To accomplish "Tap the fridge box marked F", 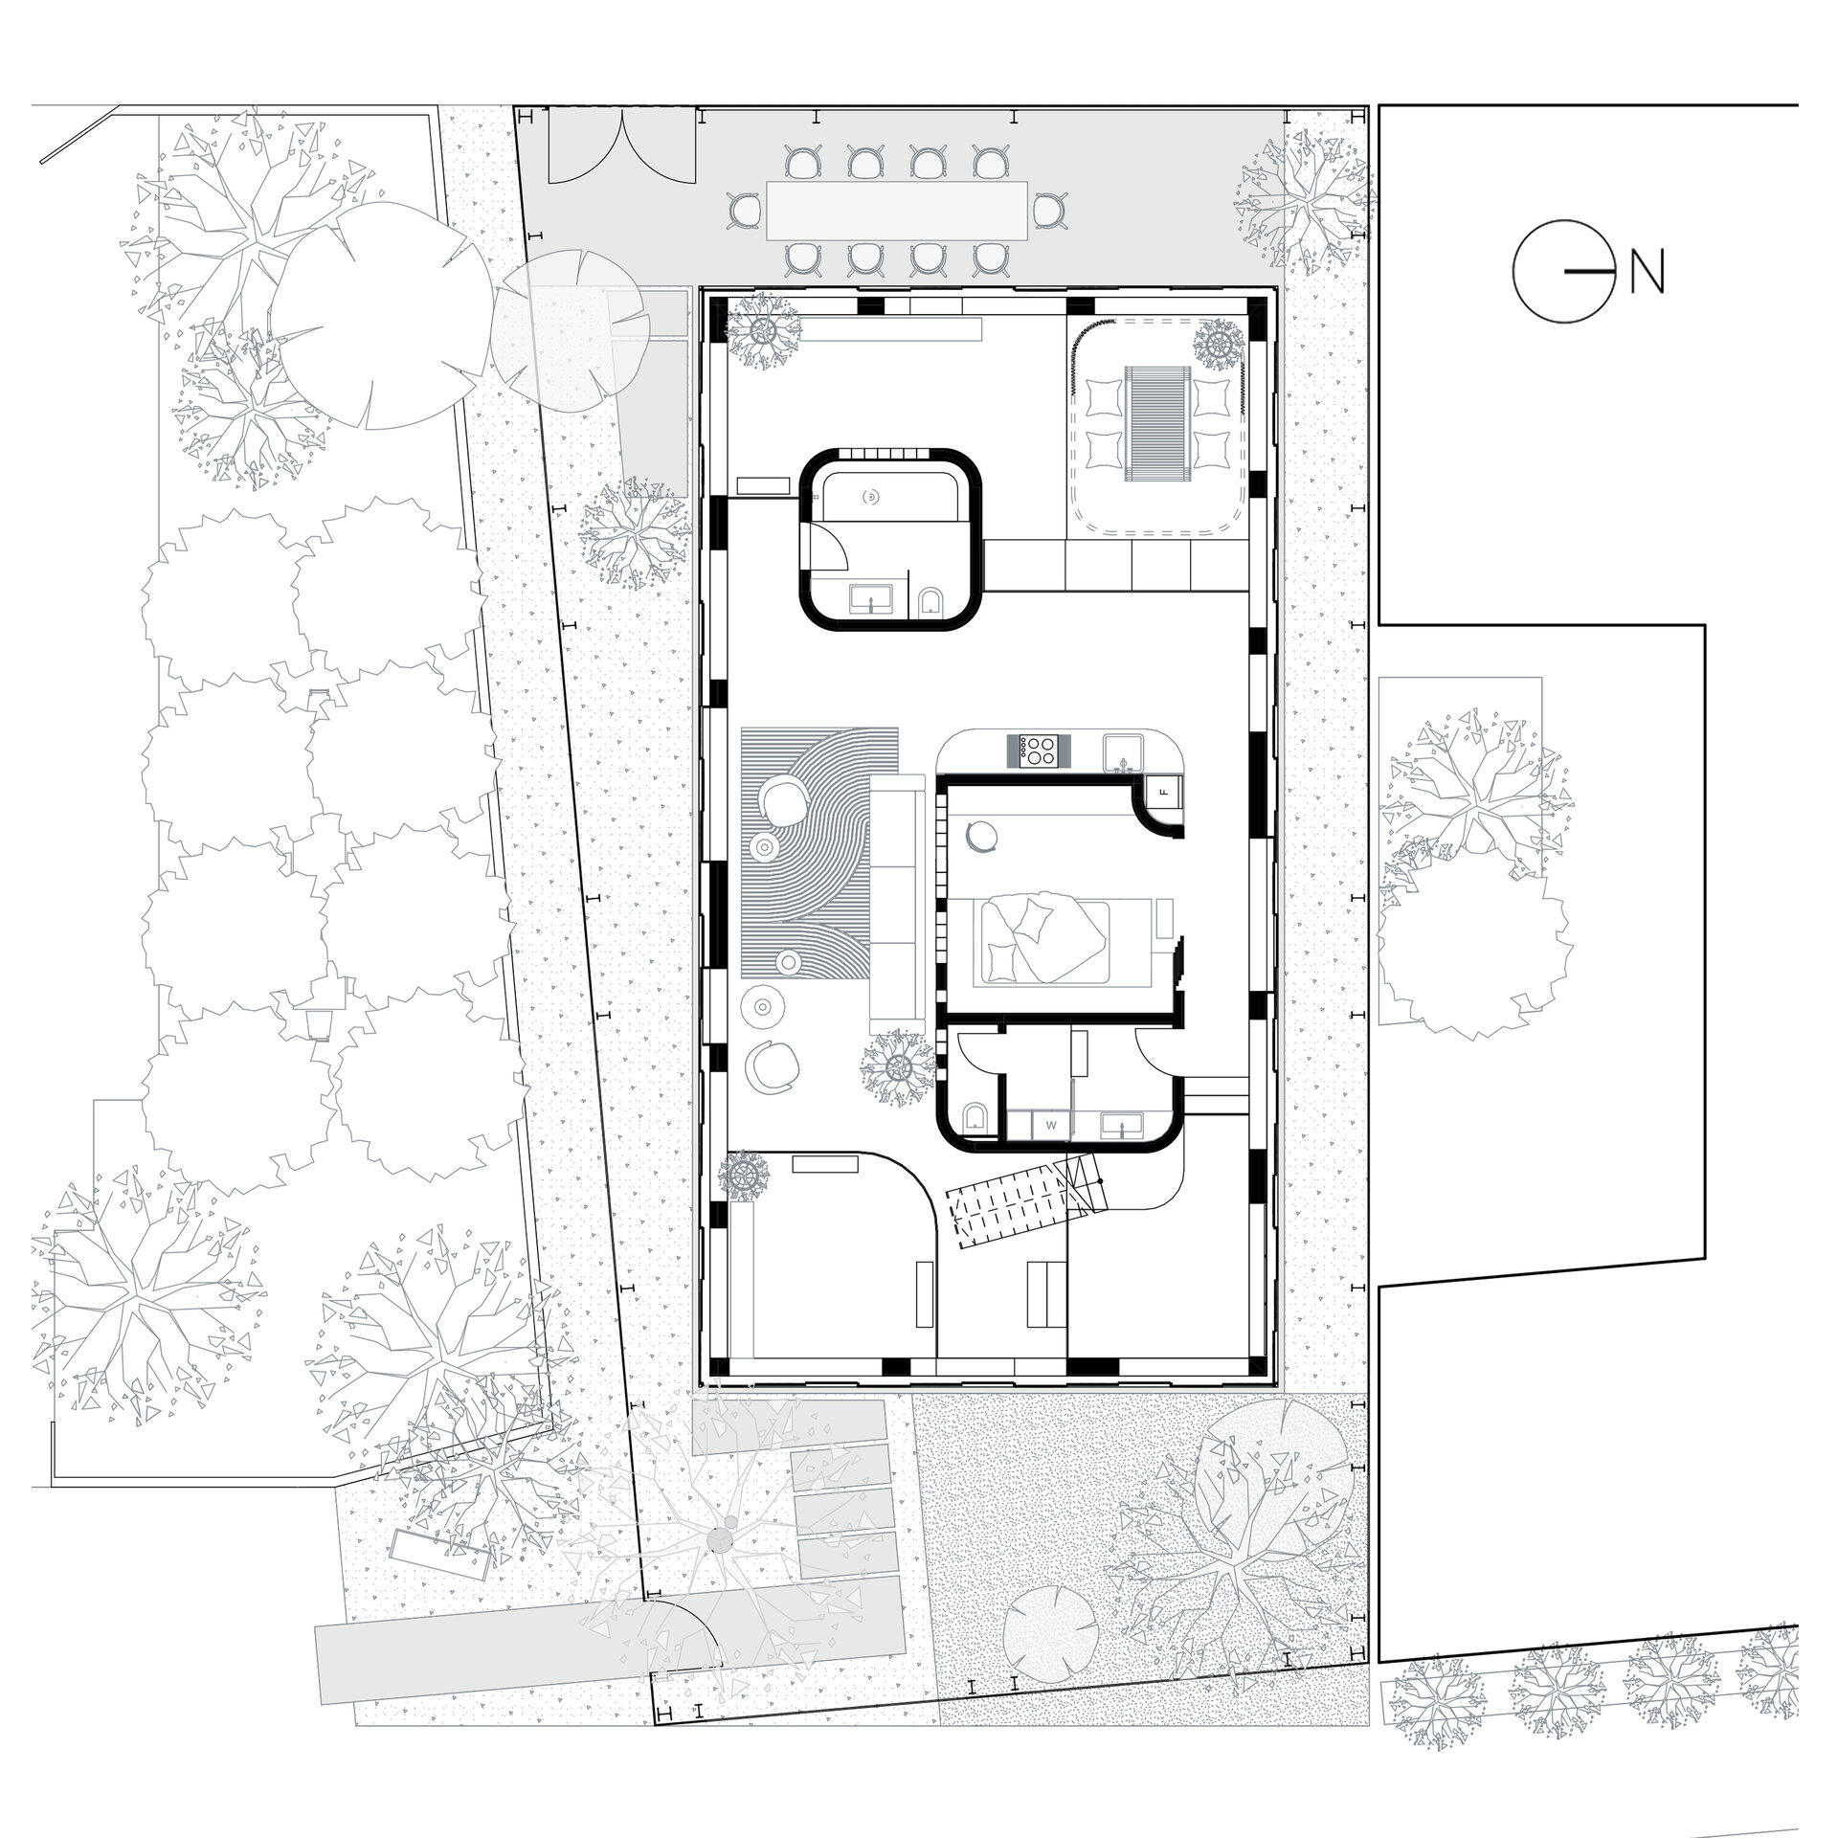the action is (x=1165, y=792).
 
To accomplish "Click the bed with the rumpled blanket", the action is (x=1043, y=937).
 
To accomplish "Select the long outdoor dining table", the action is (x=897, y=211).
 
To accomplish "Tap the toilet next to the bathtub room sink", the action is (x=930, y=600).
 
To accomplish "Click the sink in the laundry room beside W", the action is (x=1122, y=1124).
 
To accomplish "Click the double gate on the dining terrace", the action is (x=620, y=146).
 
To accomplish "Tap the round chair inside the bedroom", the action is (x=983, y=836).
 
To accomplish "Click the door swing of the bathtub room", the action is (x=830, y=546).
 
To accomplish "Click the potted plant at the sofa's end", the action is (x=899, y=1066).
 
